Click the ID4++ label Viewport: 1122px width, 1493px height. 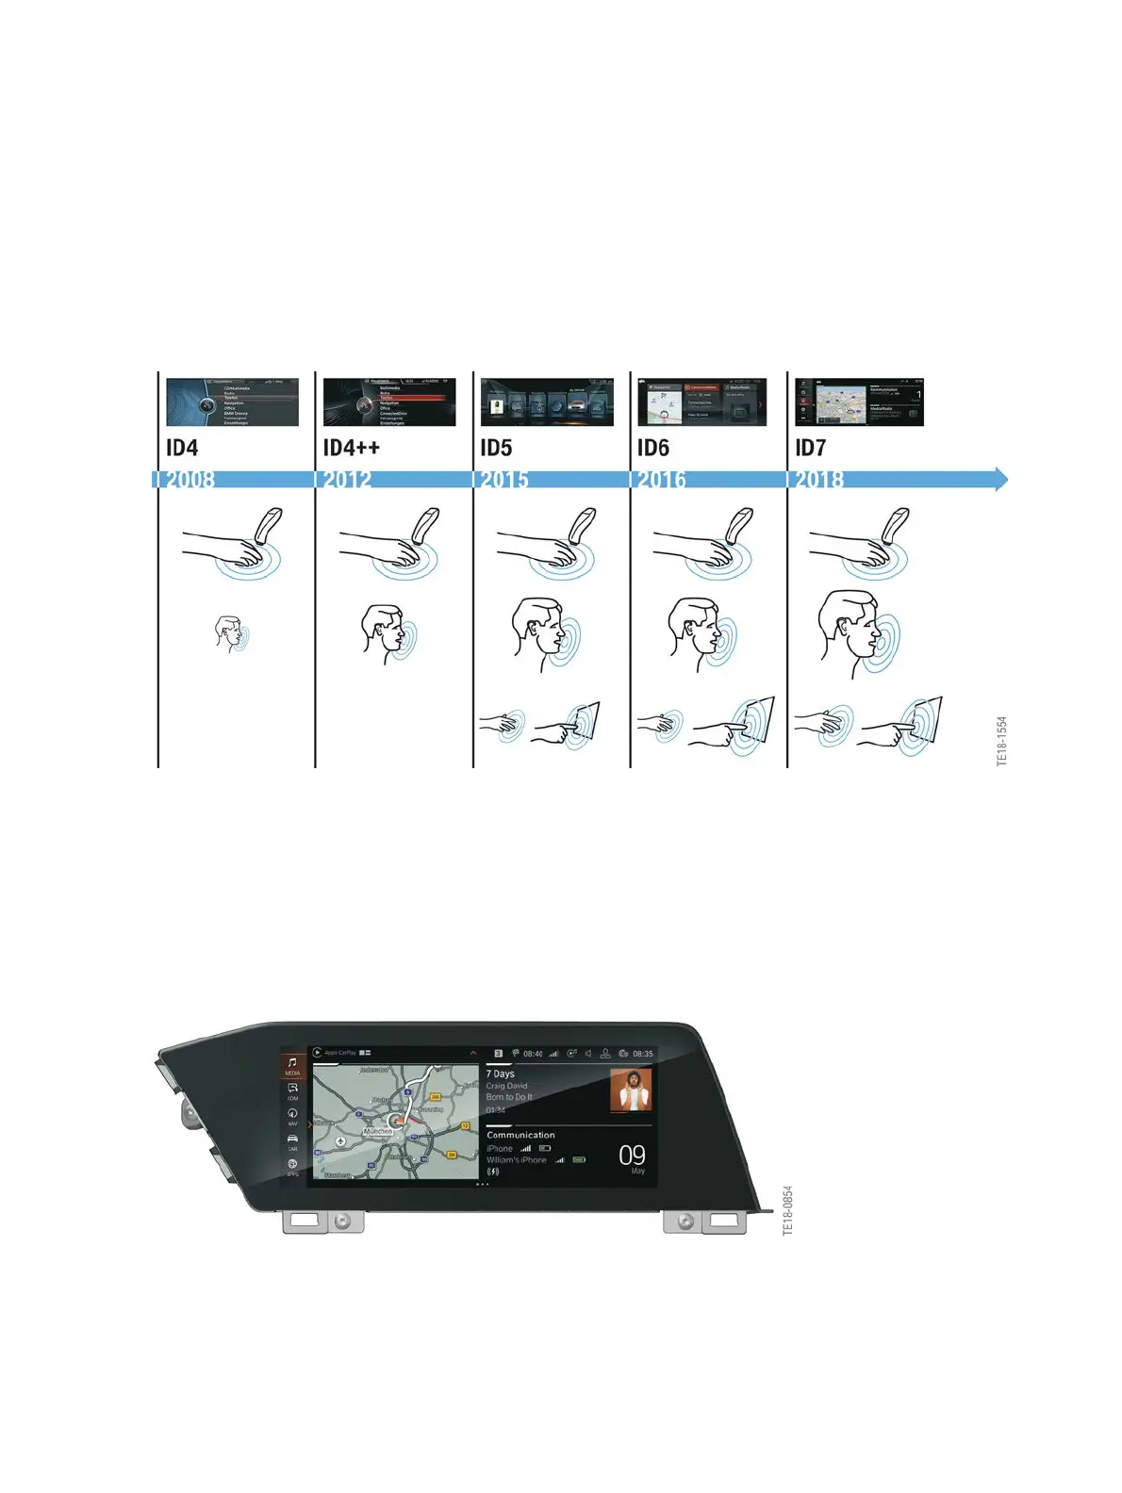click(351, 448)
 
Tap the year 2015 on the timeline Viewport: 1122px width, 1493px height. click(504, 480)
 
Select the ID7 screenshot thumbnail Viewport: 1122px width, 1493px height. click(859, 402)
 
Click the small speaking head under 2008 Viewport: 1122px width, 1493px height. click(229, 634)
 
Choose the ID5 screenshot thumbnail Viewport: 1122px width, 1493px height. click(547, 402)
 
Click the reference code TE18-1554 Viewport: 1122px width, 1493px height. click(1001, 741)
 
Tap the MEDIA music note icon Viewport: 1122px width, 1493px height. click(292, 1063)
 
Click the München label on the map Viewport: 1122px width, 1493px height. click(377, 1130)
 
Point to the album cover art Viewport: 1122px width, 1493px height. click(631, 1090)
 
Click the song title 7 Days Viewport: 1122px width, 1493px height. click(501, 1074)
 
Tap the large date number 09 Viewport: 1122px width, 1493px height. click(632, 1155)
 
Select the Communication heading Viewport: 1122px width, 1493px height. click(520, 1135)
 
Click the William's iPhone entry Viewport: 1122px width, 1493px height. click(517, 1160)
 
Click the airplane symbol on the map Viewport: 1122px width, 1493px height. click(340, 1141)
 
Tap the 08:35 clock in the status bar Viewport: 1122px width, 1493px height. click(642, 1054)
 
